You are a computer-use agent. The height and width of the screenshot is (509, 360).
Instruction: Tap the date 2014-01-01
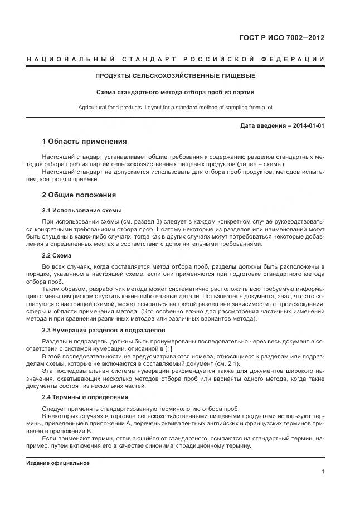(305, 125)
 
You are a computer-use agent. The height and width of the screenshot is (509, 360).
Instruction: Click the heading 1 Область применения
(84, 142)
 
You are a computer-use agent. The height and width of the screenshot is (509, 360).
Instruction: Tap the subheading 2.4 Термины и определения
(85, 397)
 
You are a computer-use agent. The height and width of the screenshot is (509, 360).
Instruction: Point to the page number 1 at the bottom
(323, 472)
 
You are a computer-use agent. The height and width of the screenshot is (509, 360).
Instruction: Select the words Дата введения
(262, 125)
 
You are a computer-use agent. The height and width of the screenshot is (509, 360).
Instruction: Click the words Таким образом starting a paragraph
(61, 289)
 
